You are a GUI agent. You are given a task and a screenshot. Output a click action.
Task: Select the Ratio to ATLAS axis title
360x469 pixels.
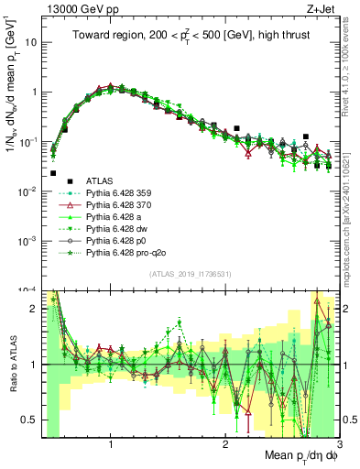12,364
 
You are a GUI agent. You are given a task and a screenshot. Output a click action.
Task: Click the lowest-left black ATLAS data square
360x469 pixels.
53,172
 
